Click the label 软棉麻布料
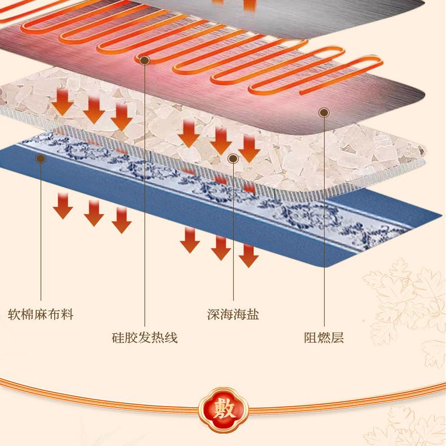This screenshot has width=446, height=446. pos(40,314)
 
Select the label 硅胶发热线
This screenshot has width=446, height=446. pos(145,338)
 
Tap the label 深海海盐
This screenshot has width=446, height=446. pos(233,314)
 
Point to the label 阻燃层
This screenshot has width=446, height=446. pos(324,338)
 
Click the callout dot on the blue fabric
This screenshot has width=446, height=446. pos(40,159)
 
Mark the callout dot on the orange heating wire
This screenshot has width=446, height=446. pos(145,60)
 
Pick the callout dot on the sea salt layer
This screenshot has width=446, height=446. pos(233,158)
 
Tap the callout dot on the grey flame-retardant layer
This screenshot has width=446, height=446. pos(324,112)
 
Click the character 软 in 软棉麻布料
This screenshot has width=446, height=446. pos(14,314)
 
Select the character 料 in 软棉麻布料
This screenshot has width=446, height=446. pos(67,314)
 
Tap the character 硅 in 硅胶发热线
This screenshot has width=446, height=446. pos(118,338)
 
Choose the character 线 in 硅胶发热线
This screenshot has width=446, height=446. pos(171,338)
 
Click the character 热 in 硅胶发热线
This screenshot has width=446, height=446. pos(158,338)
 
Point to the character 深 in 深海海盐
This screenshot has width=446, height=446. pos(213,314)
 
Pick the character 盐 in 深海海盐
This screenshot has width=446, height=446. pos(253,314)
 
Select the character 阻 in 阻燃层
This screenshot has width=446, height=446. pos(311,338)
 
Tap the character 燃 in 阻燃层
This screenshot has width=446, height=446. pos(324,338)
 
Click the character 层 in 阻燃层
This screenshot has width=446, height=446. pos(337,338)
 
